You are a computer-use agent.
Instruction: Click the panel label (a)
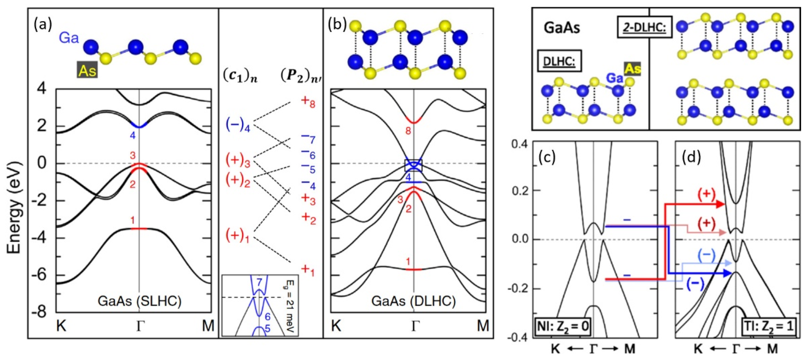43,24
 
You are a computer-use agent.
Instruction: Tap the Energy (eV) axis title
14,207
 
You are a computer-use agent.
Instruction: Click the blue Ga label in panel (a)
69,38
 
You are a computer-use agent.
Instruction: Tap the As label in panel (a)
87,71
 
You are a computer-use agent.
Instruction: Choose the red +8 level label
308,101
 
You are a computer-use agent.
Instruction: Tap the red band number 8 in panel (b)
408,131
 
